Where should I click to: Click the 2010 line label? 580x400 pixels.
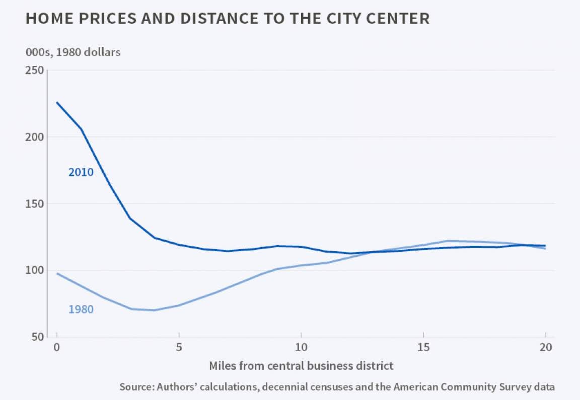coord(81,172)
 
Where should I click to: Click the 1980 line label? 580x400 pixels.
coord(81,309)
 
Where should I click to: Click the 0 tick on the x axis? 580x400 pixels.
coord(57,347)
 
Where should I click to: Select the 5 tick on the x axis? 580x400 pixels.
coord(179,347)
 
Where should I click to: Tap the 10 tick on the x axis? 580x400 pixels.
coord(301,347)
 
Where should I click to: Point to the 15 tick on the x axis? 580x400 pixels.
coord(423,347)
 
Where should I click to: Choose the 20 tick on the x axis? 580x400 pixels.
coord(545,347)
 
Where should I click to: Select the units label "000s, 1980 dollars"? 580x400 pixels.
coord(73,52)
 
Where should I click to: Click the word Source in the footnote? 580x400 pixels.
coord(135,387)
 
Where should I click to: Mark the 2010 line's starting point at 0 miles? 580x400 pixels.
coord(57,103)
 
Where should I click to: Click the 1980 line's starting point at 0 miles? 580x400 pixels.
coord(57,273)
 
